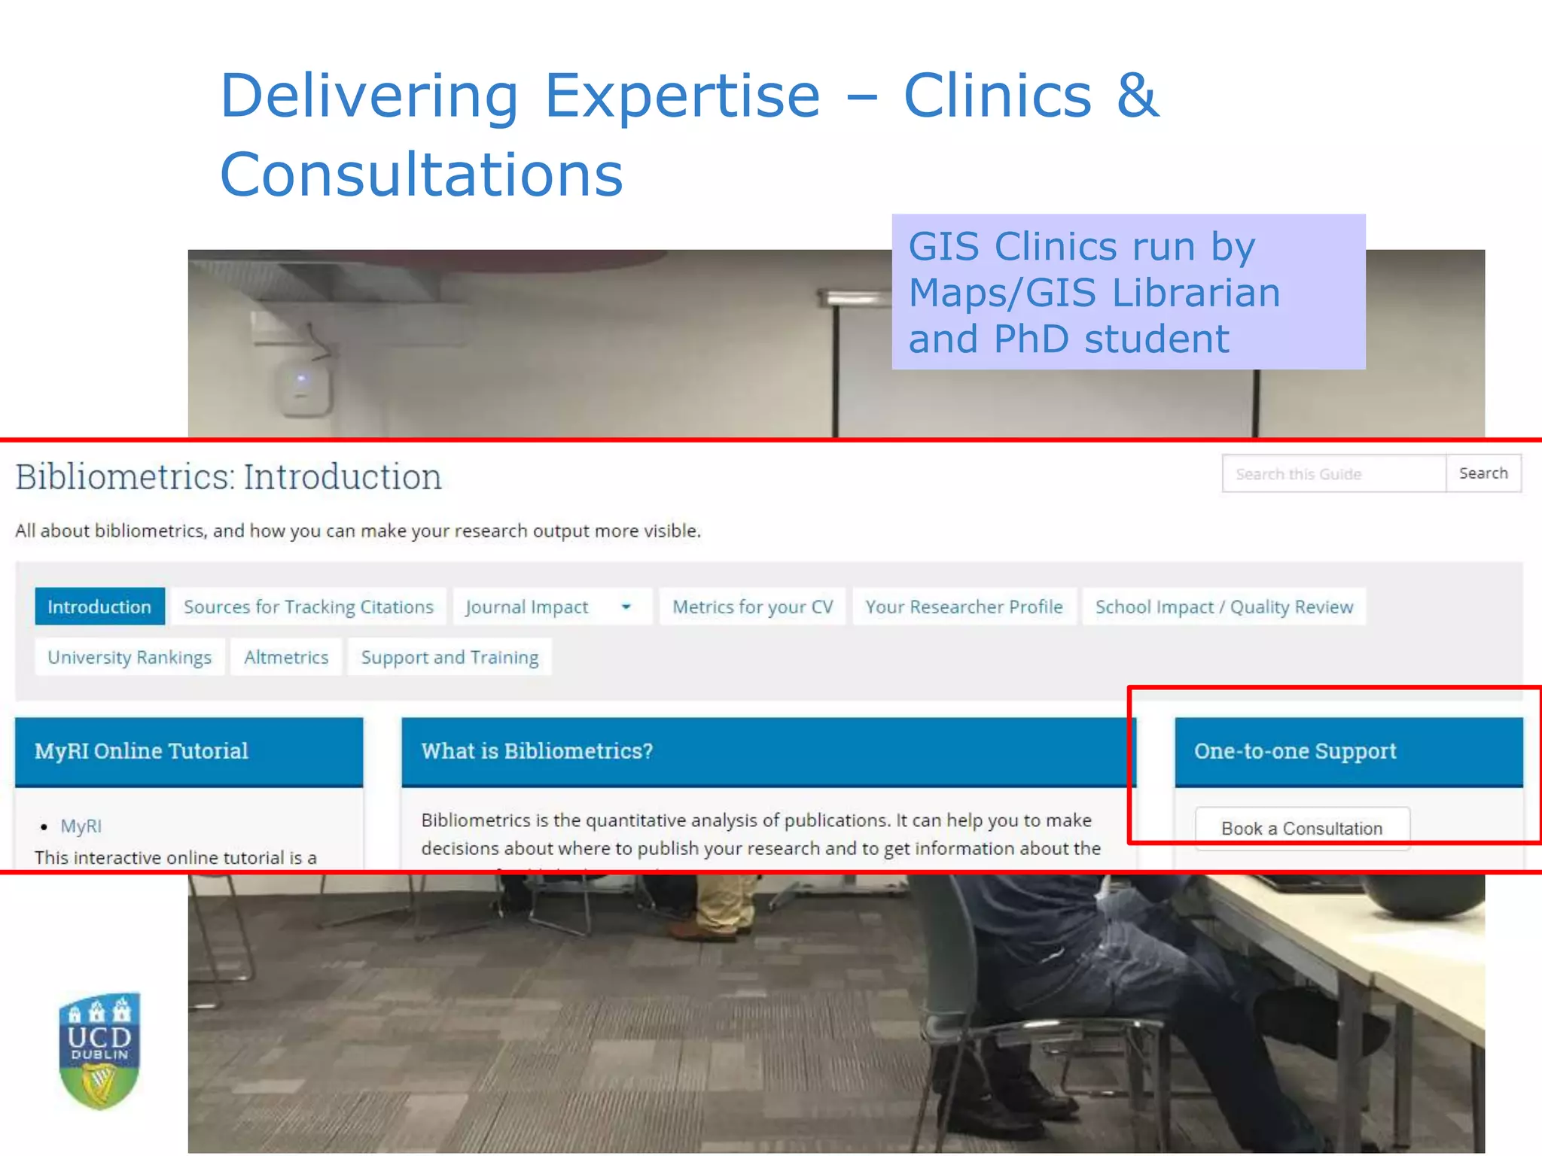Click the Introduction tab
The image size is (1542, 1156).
tap(99, 607)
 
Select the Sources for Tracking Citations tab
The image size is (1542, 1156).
tap(309, 607)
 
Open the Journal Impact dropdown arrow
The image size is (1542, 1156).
tap(626, 607)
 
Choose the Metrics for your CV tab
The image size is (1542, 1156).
tap(752, 607)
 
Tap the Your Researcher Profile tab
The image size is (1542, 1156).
tap(964, 607)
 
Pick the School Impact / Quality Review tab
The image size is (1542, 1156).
tap(1224, 607)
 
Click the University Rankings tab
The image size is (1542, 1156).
tap(130, 657)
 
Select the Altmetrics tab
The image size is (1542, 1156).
tap(286, 657)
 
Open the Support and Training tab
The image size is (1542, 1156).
tap(449, 657)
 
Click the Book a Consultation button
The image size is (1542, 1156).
tap(1302, 828)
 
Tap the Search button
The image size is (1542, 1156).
tap(1483, 473)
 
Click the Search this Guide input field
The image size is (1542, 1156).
tap(1333, 473)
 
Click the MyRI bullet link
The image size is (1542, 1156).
tap(81, 826)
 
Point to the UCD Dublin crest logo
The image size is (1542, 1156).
tap(99, 1051)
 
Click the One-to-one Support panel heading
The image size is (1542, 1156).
tap(1295, 751)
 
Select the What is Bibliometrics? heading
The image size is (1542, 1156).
tap(537, 751)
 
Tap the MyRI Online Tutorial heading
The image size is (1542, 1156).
tap(142, 751)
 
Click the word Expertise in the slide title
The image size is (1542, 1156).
tap(681, 96)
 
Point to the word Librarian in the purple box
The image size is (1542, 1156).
tap(1196, 293)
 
